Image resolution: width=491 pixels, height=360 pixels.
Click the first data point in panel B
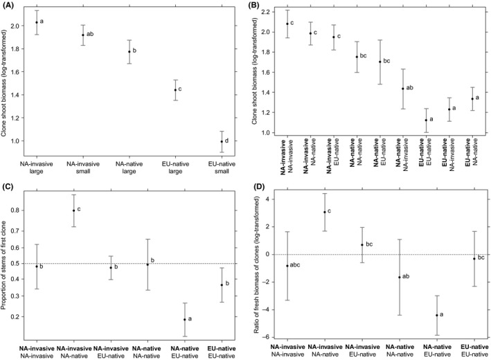(x=287, y=24)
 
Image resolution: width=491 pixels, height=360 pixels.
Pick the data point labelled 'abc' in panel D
(x=287, y=266)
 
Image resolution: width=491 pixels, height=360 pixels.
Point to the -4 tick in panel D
(x=270, y=312)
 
